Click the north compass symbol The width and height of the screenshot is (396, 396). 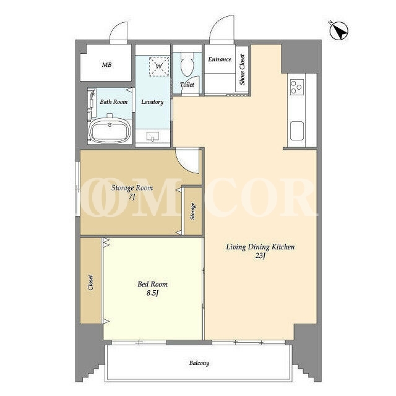tap(339, 30)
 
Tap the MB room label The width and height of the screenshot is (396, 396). tap(106, 65)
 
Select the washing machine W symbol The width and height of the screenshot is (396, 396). tap(159, 66)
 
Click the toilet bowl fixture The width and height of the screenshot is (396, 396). tap(187, 64)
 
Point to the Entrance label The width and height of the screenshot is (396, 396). tap(220, 59)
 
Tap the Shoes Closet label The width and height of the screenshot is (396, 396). tap(242, 69)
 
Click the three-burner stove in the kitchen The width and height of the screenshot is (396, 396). tap(297, 87)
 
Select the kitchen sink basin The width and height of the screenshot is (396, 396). tap(297, 131)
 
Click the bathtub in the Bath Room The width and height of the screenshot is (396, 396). tap(110, 131)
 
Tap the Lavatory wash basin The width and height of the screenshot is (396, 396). tap(153, 136)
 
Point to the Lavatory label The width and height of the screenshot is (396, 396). tap(152, 102)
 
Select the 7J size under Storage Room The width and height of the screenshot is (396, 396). tap(132, 197)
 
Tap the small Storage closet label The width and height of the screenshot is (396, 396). tap(193, 211)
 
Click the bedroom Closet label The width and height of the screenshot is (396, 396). tap(90, 282)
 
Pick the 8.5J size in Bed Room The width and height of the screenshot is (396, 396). tap(152, 293)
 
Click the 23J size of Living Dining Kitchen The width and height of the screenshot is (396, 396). tap(260, 256)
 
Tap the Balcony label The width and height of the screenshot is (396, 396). tap(199, 363)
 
